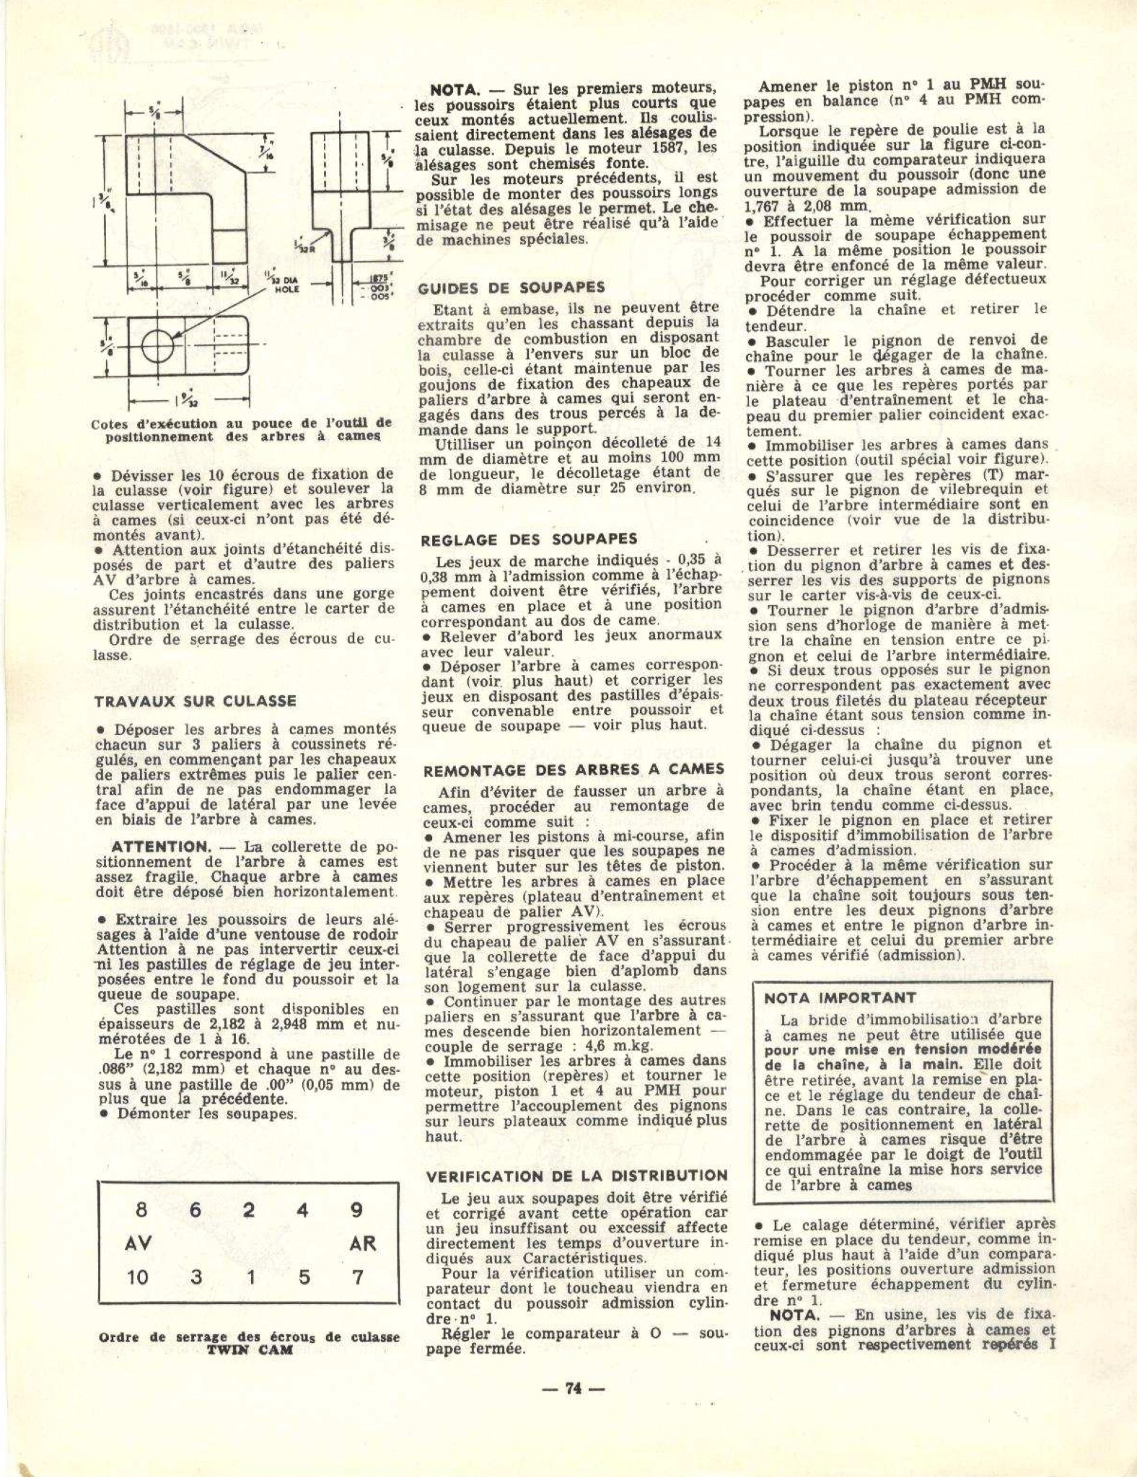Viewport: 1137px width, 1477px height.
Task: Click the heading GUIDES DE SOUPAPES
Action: tap(511, 288)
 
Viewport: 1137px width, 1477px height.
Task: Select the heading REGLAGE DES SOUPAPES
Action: tap(529, 539)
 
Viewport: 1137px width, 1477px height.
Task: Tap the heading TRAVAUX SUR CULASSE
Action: tap(196, 700)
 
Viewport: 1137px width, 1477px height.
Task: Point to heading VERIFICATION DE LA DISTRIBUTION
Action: tap(577, 1176)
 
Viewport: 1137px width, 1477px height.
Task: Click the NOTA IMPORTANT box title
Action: tap(840, 998)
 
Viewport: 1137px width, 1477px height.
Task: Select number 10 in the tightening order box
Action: tap(137, 1277)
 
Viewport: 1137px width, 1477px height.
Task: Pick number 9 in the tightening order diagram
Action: tap(356, 1210)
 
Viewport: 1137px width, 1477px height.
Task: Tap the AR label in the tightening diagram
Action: tap(362, 1244)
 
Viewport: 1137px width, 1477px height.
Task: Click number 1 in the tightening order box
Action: tap(250, 1277)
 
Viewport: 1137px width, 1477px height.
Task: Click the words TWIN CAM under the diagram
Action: tap(249, 1351)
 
